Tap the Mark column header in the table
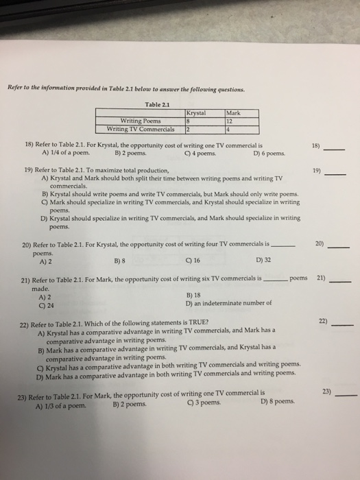(x=234, y=114)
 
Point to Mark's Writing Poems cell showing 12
(x=230, y=121)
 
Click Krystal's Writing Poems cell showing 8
(x=189, y=121)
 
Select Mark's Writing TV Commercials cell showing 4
(x=228, y=128)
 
